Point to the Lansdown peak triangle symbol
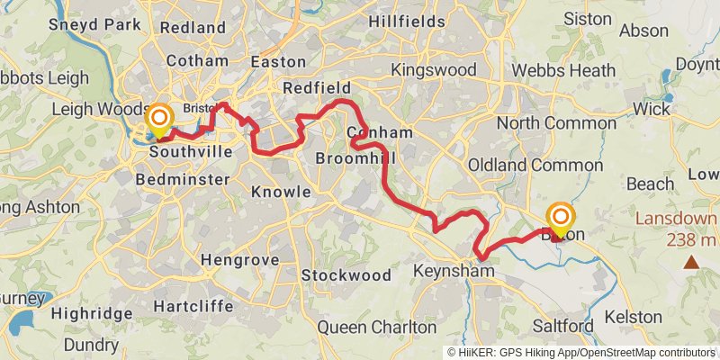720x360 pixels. (x=691, y=263)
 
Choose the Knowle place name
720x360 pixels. (x=281, y=192)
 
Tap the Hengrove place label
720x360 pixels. (x=235, y=259)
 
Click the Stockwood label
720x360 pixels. (x=346, y=274)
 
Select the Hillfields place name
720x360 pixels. (x=407, y=21)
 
